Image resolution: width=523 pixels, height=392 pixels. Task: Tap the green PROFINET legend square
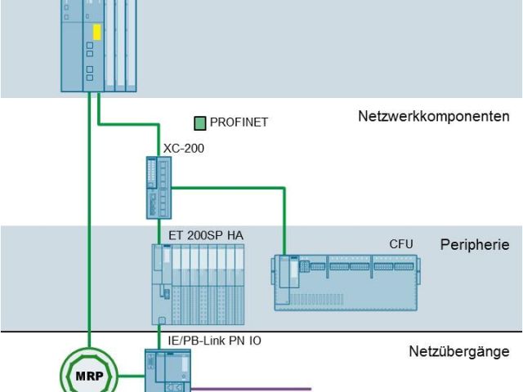tap(199, 124)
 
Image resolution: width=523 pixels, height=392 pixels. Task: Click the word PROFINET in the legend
tap(239, 124)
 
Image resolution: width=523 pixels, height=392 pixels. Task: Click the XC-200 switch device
tap(156, 187)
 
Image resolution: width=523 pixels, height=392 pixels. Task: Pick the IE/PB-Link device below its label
tap(167, 372)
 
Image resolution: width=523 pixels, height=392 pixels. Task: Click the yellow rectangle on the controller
tap(96, 33)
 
